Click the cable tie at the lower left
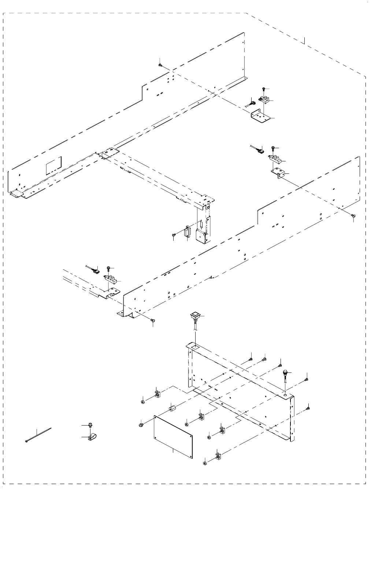coord(38,435)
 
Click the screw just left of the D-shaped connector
coord(174,235)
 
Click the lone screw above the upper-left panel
coord(160,65)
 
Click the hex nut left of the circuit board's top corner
coord(141,425)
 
